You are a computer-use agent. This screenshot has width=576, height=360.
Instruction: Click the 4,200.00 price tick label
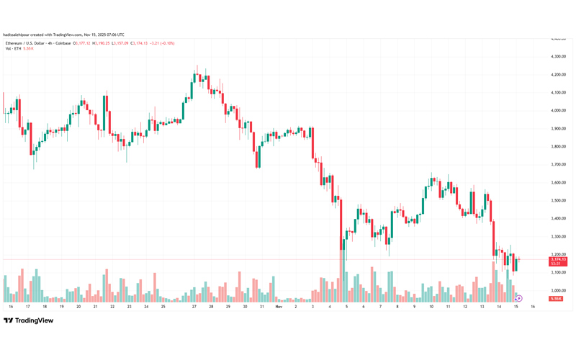coord(557,74)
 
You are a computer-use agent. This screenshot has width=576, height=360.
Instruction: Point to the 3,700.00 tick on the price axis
coord(557,164)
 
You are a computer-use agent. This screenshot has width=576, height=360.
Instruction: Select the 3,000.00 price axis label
coord(557,290)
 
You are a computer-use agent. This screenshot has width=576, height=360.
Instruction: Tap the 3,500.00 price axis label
coord(557,200)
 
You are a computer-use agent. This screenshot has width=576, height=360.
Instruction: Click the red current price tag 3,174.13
coord(558,259)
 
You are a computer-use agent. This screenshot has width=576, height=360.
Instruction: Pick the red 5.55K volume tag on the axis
coord(556,298)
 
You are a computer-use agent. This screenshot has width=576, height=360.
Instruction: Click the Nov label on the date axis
coord(278,307)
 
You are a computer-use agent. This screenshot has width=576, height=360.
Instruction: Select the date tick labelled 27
coord(194,307)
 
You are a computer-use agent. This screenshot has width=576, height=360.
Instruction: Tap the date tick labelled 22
coord(112,307)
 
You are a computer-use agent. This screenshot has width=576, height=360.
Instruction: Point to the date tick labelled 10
coord(431,307)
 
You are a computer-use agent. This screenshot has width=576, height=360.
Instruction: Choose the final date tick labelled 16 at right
coord(532,307)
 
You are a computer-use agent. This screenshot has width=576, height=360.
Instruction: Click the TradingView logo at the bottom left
coord(29,320)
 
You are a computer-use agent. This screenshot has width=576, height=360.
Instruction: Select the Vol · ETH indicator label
coord(13,48)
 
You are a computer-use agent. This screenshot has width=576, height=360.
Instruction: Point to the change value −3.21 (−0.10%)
coord(162,43)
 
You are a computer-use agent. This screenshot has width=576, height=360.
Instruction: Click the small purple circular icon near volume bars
coord(518,298)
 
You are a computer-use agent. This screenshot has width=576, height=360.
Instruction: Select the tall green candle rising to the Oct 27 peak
coord(191,87)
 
